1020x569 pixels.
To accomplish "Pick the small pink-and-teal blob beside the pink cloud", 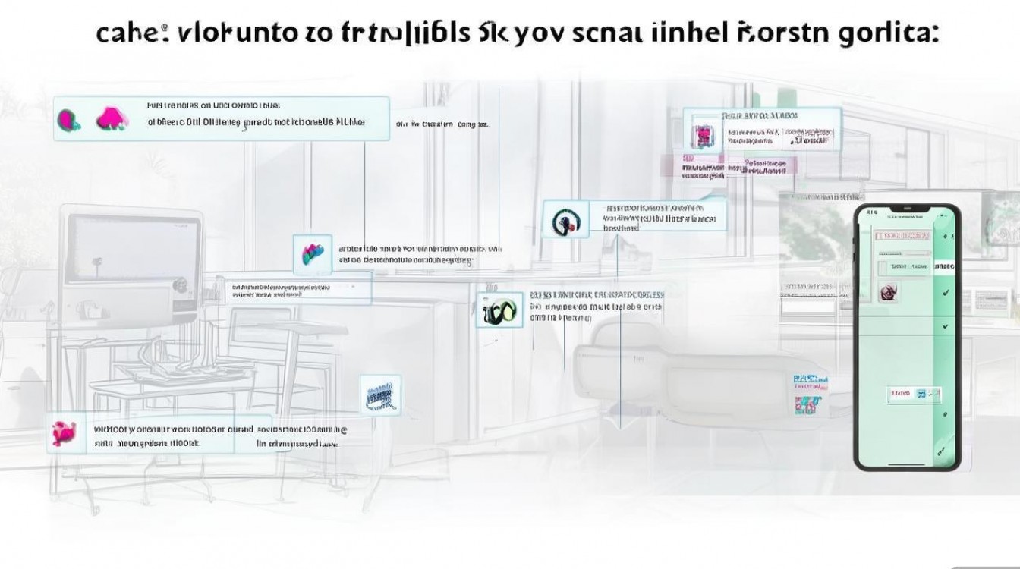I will pyautogui.click(x=68, y=119).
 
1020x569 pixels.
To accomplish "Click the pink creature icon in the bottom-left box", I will pyautogui.click(x=65, y=434).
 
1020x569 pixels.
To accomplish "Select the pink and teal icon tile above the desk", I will pyautogui.click(x=312, y=254).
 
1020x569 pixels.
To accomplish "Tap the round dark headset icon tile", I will pyautogui.click(x=565, y=220).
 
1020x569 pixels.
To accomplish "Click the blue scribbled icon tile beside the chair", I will pyautogui.click(x=379, y=395).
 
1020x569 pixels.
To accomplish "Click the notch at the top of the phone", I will pyautogui.click(x=908, y=210).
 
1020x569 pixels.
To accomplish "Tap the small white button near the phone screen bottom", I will pyautogui.click(x=914, y=394).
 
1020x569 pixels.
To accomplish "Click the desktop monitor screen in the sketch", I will pyautogui.click(x=133, y=250).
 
